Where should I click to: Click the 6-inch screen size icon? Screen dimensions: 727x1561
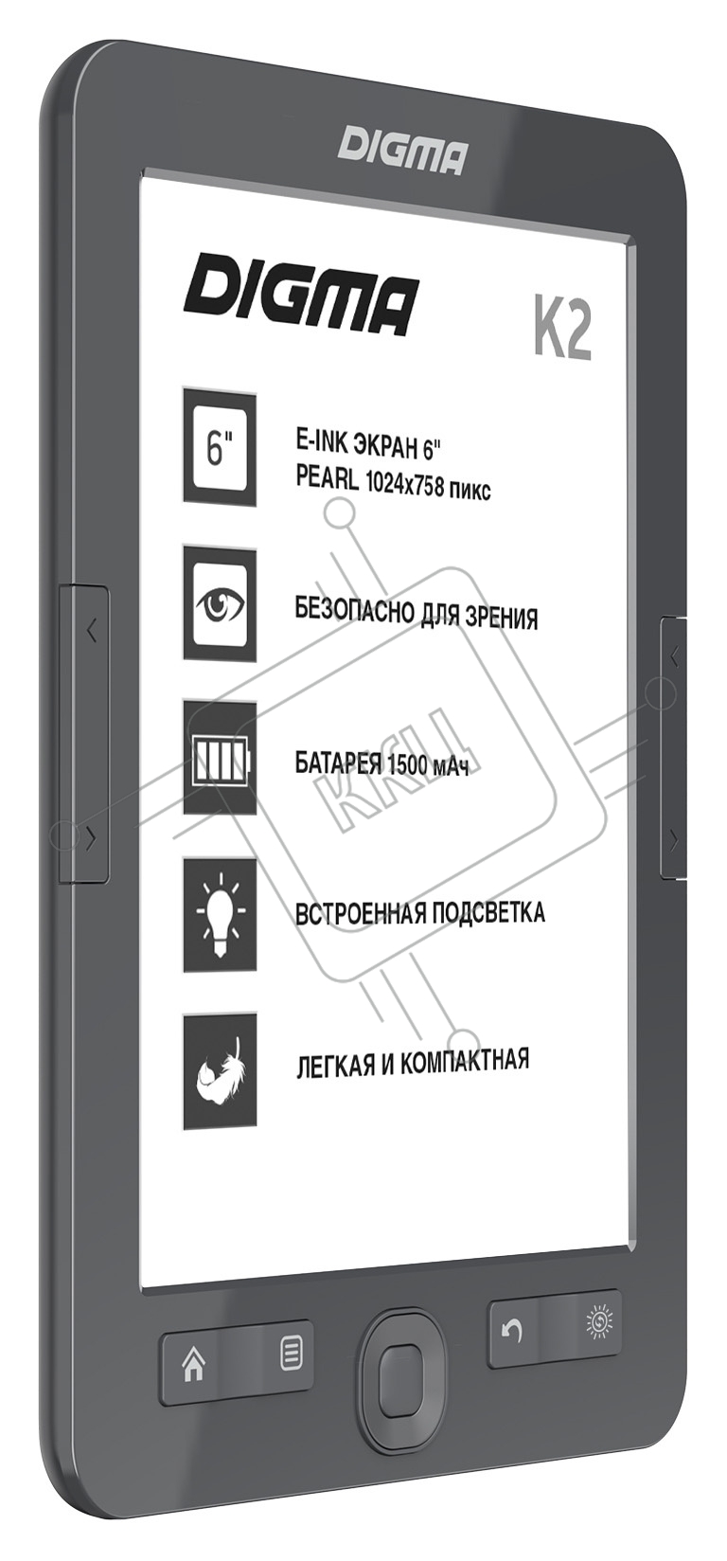click(220, 447)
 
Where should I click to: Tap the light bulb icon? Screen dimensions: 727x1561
click(220, 914)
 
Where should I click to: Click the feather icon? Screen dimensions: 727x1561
click(220, 1072)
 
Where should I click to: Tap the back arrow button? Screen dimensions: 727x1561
click(512, 1333)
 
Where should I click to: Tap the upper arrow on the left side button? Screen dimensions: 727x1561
click(91, 632)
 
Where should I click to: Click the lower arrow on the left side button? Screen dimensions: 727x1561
click(91, 841)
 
